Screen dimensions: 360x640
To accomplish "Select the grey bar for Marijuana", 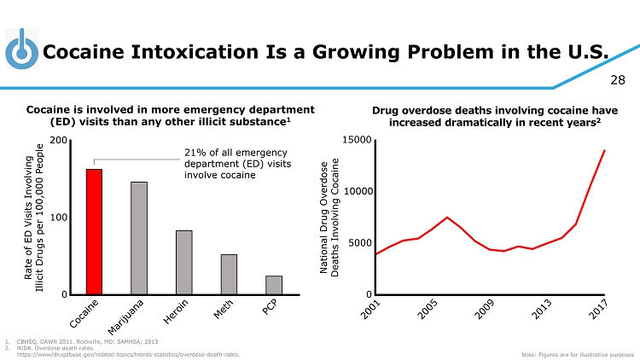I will point(139,238).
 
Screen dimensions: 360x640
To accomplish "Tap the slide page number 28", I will point(617,80).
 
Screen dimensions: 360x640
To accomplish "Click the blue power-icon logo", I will point(20,52).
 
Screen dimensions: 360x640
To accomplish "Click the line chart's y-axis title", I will point(329,216).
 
